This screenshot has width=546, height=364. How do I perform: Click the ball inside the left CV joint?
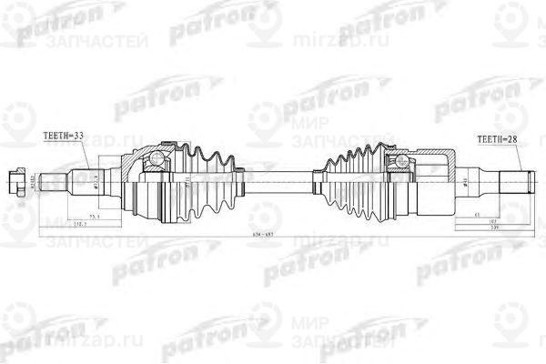[x=157, y=163]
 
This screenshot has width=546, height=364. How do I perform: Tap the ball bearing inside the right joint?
[x=399, y=163]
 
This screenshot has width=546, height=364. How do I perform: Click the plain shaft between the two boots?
[x=273, y=177]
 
